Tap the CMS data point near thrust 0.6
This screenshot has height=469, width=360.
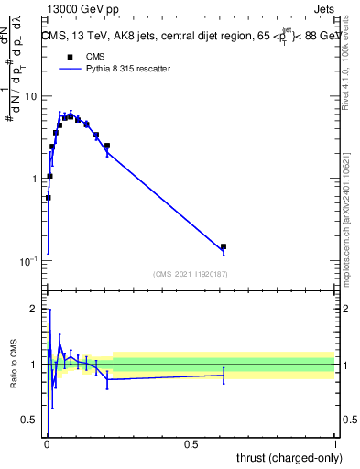click(224, 246)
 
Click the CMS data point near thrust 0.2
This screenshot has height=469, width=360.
click(107, 146)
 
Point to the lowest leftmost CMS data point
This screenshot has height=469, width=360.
click(48, 197)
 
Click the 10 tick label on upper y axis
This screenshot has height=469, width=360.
click(31, 96)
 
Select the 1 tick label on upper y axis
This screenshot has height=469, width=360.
click(35, 179)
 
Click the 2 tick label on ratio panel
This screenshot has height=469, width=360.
click(34, 310)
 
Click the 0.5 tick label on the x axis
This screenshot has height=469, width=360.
click(191, 446)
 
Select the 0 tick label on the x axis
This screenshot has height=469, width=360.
click(48, 446)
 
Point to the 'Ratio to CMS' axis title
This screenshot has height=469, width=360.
click(13, 365)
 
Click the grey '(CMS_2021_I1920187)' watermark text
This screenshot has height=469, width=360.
click(191, 274)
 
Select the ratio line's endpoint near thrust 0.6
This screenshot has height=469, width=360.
click(224, 375)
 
